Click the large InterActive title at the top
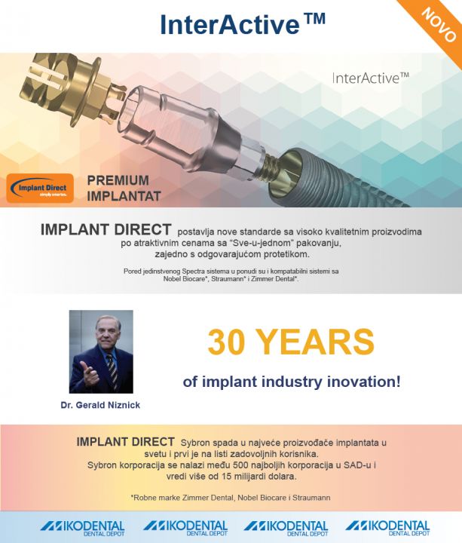click(243, 23)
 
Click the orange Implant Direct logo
click(40, 188)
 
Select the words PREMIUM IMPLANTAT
click(124, 188)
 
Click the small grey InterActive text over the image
click(370, 78)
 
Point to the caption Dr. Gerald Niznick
click(100, 405)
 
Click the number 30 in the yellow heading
click(227, 342)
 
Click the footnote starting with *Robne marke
click(231, 498)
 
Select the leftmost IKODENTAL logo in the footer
click(82, 528)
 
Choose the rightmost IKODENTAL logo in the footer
click(387, 528)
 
